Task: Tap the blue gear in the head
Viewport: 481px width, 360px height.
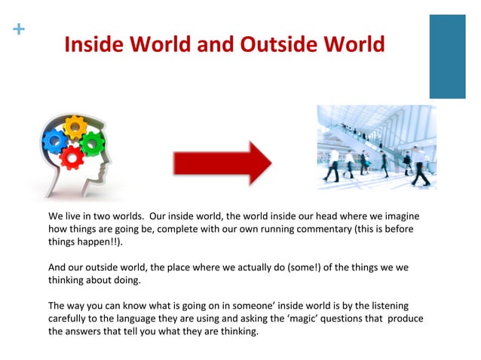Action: coord(54,139)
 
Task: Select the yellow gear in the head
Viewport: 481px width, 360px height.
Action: coord(75,126)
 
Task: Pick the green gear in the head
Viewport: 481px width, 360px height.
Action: coord(92,142)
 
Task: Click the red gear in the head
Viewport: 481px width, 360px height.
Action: coord(72,156)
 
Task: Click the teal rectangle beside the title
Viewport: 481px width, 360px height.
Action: coord(447,56)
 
